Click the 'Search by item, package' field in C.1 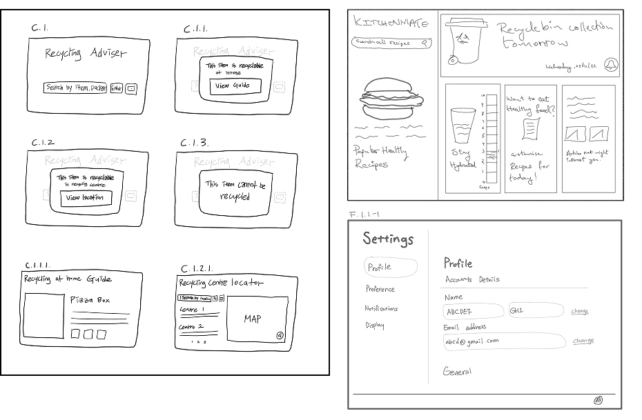click(x=75, y=88)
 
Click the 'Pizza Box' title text click(x=90, y=300)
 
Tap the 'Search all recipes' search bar click(x=392, y=43)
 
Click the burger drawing click(x=387, y=101)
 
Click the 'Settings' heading click(x=388, y=239)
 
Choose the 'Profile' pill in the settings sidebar click(x=390, y=268)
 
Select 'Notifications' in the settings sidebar click(x=381, y=308)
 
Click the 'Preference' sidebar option click(x=380, y=289)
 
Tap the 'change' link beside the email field click(x=583, y=341)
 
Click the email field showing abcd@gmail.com click(x=504, y=341)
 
